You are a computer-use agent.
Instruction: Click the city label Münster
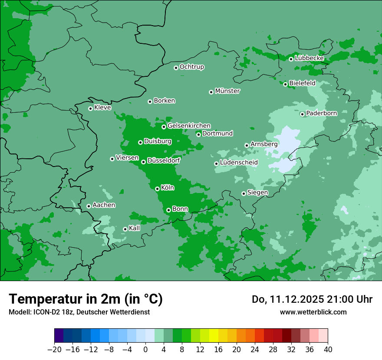pyautogui.click(x=227, y=91)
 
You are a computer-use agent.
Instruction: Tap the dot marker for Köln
pyautogui.click(x=157, y=189)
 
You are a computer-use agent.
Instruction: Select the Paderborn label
pyautogui.click(x=321, y=113)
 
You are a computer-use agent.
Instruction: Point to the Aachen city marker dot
pyautogui.click(x=89, y=206)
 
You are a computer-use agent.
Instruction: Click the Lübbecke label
pyautogui.click(x=309, y=58)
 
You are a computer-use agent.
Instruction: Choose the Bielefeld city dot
pyautogui.click(x=285, y=84)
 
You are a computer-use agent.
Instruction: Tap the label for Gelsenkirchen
pyautogui.click(x=189, y=126)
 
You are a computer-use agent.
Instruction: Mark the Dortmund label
pyautogui.click(x=217, y=134)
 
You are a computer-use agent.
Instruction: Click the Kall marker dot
pyautogui.click(x=125, y=229)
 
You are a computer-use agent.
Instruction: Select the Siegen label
pyautogui.click(x=257, y=193)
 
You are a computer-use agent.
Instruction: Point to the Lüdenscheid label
pyautogui.click(x=239, y=163)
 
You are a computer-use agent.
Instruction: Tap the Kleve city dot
pyautogui.click(x=90, y=108)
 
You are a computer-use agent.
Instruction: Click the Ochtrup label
pyautogui.click(x=191, y=67)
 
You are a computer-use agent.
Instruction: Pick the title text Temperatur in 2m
pyautogui.click(x=65, y=299)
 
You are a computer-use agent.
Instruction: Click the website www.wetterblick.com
pyautogui.click(x=313, y=312)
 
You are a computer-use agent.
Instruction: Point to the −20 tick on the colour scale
pyautogui.click(x=54, y=350)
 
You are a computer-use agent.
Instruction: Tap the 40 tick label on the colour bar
pyautogui.click(x=328, y=350)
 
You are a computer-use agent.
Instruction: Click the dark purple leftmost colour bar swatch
pyautogui.click(x=59, y=336)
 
